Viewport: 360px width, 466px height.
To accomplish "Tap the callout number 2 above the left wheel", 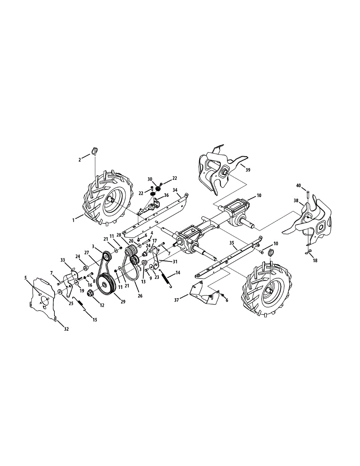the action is click(x=80, y=160).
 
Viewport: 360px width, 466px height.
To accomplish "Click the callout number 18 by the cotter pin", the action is click(x=315, y=261).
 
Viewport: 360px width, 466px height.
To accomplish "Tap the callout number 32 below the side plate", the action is click(x=66, y=329).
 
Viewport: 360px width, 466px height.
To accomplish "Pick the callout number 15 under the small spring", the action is click(x=95, y=320).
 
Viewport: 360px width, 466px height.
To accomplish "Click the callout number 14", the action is click(x=178, y=273).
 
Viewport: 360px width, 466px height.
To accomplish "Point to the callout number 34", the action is click(x=175, y=190).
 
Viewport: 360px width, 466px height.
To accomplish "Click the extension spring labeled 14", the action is click(x=167, y=280).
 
